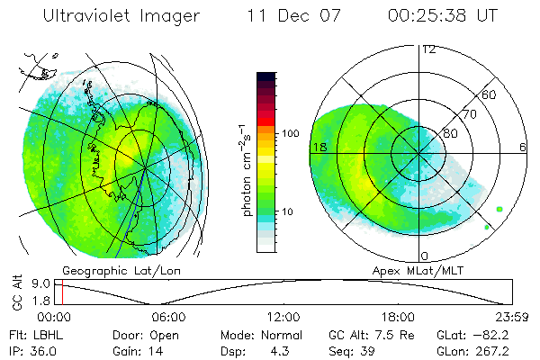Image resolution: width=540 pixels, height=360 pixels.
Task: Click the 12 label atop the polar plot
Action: [x=427, y=49]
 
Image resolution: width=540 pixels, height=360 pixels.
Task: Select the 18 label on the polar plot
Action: [x=318, y=147]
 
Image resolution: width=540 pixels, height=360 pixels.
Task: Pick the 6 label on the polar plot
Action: [x=523, y=147]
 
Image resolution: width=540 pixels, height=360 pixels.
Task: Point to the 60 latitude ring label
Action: [x=489, y=94]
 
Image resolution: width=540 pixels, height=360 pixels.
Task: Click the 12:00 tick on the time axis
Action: [x=283, y=317]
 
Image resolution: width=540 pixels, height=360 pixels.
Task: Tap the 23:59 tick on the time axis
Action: [x=511, y=317]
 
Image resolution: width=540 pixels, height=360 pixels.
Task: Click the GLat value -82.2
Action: [x=500, y=335]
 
